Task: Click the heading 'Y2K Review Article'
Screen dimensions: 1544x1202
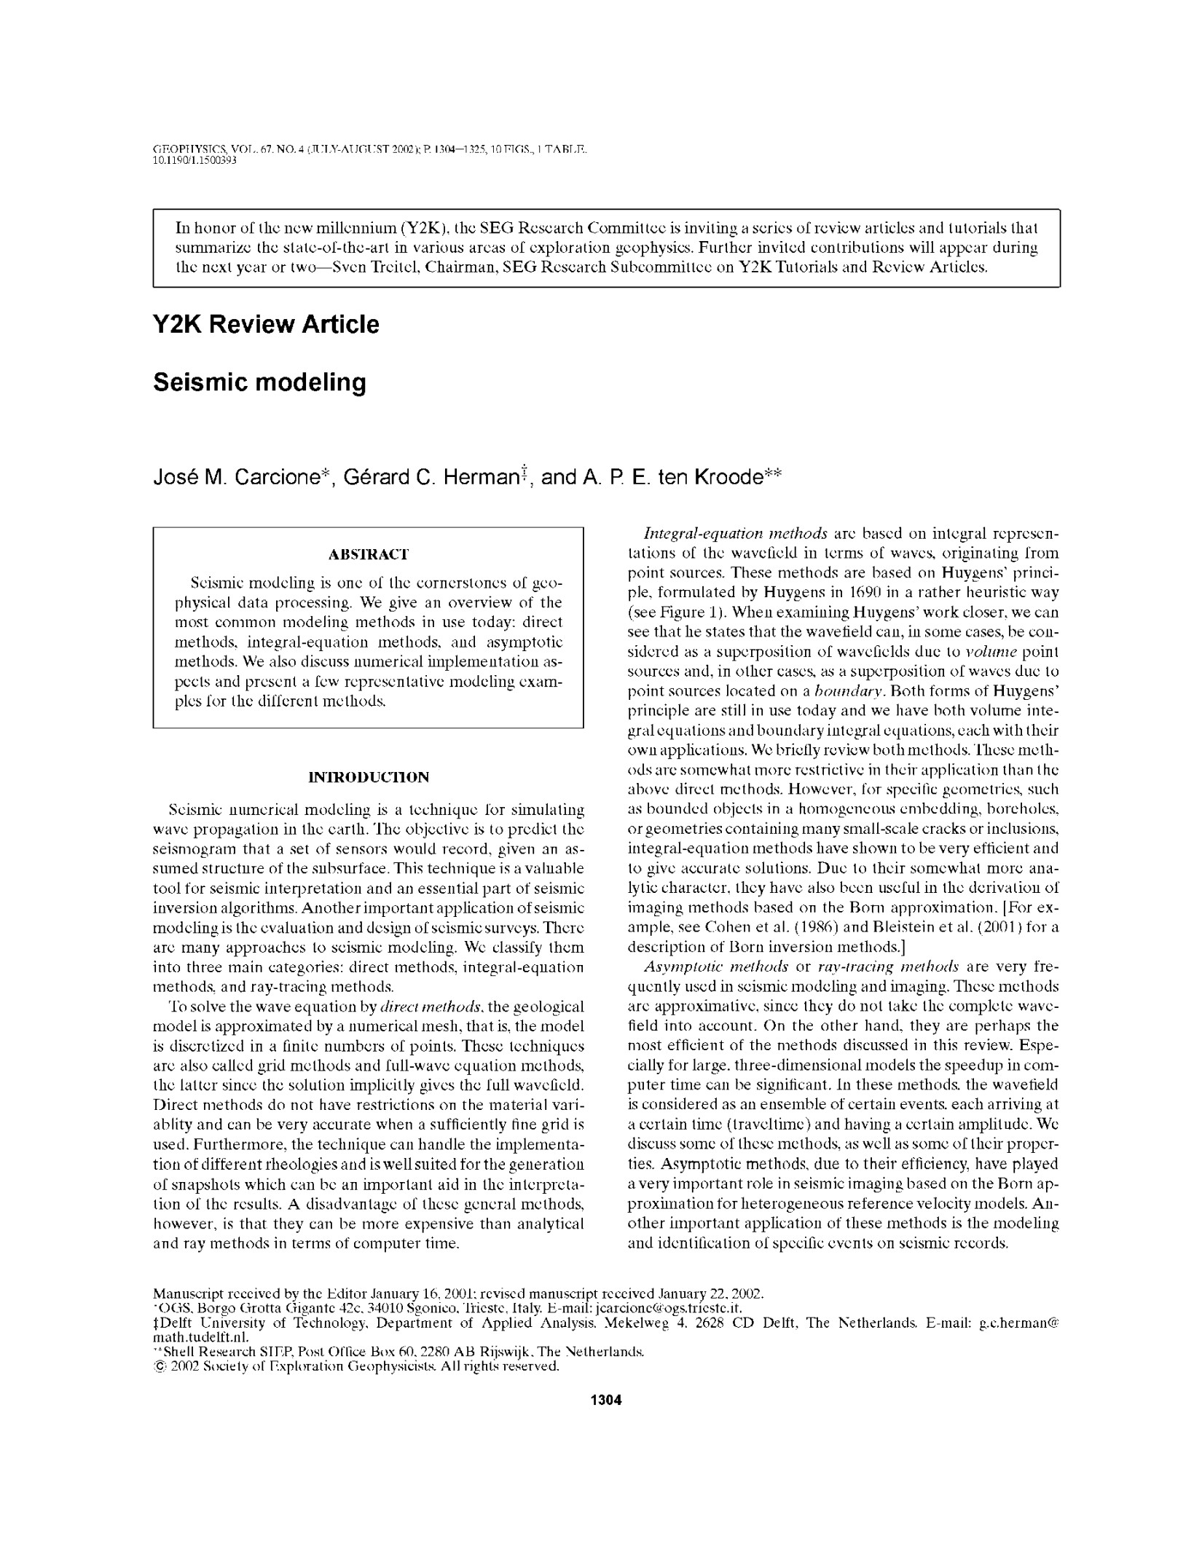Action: (266, 324)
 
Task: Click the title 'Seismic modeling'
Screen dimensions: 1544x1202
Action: (259, 382)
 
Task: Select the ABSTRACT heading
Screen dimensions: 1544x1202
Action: (368, 554)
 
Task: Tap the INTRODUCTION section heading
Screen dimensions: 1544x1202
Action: (369, 777)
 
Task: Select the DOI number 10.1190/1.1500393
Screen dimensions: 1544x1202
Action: (195, 160)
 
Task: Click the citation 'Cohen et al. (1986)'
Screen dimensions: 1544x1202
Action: (765, 927)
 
